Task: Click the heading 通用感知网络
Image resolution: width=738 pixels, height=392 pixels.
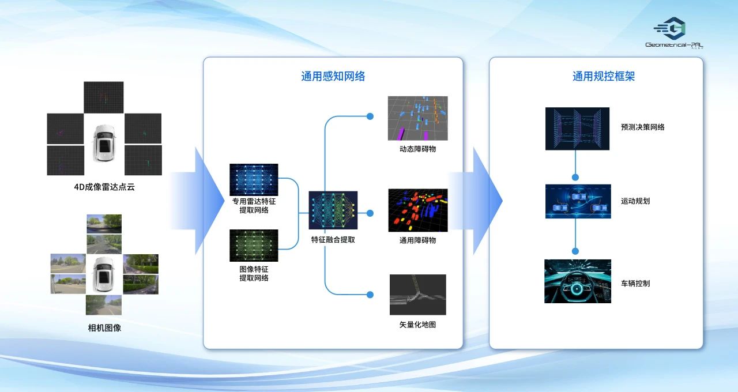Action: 333,76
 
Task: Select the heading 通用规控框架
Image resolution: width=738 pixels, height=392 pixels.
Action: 604,76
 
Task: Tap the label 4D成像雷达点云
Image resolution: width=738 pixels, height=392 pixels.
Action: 104,187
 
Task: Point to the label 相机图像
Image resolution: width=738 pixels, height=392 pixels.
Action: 104,328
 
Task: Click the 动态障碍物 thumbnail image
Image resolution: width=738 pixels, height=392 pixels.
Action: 417,118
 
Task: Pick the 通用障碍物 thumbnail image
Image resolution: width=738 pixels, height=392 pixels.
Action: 417,210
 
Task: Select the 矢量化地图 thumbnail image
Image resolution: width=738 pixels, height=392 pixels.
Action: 417,295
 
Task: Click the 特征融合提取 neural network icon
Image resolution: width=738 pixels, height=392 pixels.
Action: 333,211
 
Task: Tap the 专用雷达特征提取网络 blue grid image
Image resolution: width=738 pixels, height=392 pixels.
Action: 254,179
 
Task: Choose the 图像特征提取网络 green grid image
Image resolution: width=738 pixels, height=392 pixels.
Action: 254,245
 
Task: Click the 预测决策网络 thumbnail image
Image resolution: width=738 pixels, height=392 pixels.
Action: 577,129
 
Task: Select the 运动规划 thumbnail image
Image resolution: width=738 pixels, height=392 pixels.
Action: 578,201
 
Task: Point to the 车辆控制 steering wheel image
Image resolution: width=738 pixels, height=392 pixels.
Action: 577,281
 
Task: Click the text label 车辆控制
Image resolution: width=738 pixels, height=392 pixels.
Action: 635,284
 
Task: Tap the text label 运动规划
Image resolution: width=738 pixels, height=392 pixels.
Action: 635,201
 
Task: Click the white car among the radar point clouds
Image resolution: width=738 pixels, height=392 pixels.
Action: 104,144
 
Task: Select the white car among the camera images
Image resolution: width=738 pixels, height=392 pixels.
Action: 104,274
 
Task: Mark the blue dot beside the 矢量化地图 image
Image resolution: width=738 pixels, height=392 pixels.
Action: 370,295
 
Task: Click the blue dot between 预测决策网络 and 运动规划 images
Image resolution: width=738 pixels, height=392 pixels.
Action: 575,177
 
